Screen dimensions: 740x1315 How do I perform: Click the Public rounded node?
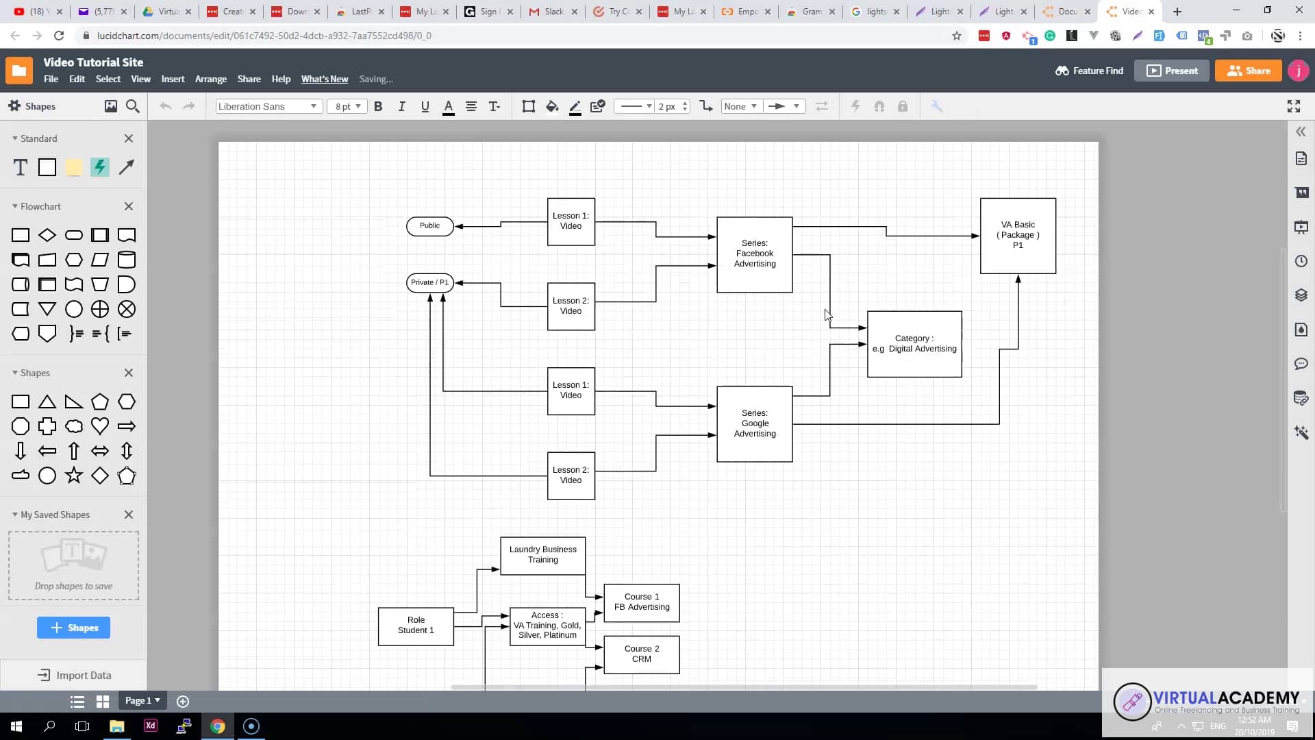pyautogui.click(x=429, y=226)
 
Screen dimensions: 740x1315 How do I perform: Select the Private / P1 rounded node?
pyautogui.click(x=429, y=282)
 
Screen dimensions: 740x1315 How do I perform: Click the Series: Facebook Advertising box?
pyautogui.click(x=754, y=254)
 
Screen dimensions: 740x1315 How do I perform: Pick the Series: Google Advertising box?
pyautogui.click(x=754, y=423)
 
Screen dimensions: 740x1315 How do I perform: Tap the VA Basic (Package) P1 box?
pyautogui.click(x=1017, y=236)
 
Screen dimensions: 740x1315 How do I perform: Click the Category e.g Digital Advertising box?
pyautogui.click(x=914, y=344)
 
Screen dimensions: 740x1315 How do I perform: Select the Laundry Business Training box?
pyautogui.click(x=542, y=555)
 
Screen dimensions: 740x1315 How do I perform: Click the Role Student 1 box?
pyautogui.click(x=416, y=626)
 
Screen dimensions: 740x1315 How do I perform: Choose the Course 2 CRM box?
pyautogui.click(x=641, y=654)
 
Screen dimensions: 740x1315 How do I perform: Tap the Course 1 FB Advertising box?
pyautogui.click(x=641, y=602)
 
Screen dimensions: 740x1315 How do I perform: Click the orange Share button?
pyautogui.click(x=1248, y=71)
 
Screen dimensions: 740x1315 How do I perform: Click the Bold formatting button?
pyautogui.click(x=378, y=106)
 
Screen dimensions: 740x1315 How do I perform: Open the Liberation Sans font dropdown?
pyautogui.click(x=268, y=106)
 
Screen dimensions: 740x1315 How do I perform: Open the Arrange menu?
pyautogui.click(x=210, y=79)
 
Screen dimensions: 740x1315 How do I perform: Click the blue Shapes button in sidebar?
pyautogui.click(x=73, y=628)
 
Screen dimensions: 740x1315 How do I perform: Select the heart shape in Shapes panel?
pyautogui.click(x=100, y=426)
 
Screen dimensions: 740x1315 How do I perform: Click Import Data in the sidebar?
pyautogui.click(x=74, y=676)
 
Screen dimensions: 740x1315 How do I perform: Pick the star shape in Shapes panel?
pyautogui.click(x=74, y=476)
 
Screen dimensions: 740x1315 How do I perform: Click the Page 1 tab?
pyautogui.click(x=142, y=700)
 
